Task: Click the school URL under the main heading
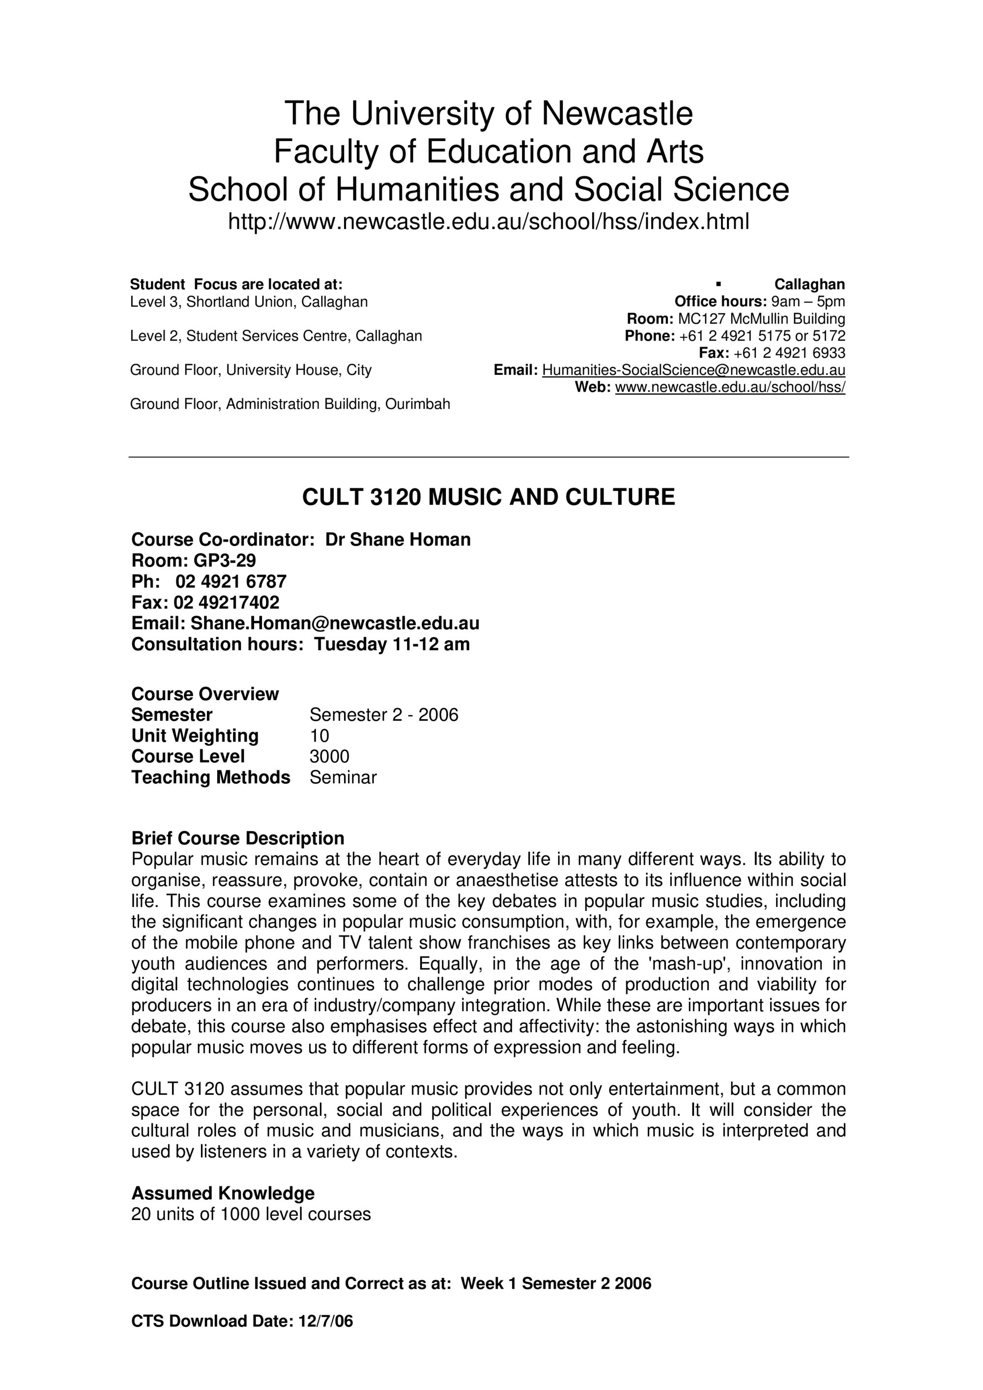click(x=488, y=222)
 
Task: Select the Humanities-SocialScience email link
click(x=694, y=370)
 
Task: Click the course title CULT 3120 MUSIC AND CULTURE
click(x=488, y=497)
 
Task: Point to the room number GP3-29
click(x=225, y=560)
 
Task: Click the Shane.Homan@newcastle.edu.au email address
click(x=335, y=623)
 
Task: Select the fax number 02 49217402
click(x=227, y=602)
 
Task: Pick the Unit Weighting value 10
click(x=319, y=736)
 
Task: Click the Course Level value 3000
click(x=329, y=756)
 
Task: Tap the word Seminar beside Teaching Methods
click(x=343, y=777)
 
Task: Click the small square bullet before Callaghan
click(x=718, y=284)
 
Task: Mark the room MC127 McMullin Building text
click(x=761, y=319)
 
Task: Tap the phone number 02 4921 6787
click(x=231, y=581)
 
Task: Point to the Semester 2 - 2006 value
click(x=384, y=715)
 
